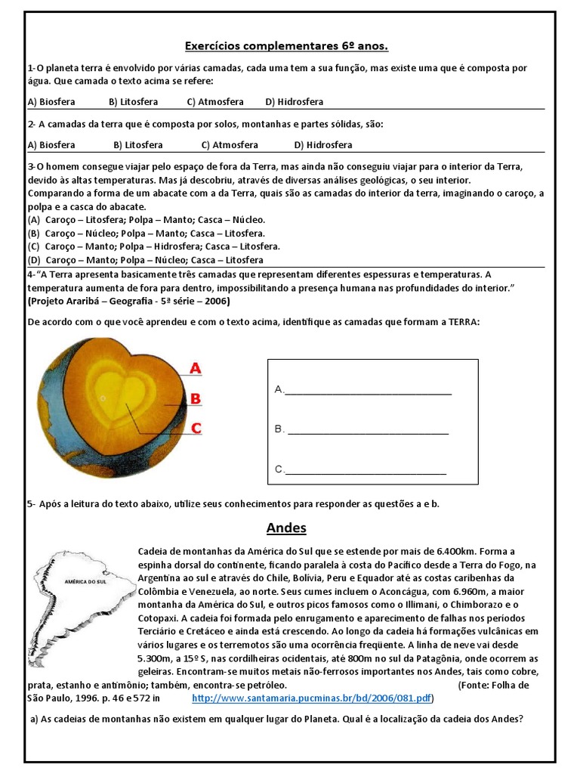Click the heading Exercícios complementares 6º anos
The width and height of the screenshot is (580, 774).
286,47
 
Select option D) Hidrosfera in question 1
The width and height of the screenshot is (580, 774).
294,102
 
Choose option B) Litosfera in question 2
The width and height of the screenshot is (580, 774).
138,145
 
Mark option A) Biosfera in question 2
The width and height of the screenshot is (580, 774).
51,145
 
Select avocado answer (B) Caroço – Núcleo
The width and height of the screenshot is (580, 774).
147,233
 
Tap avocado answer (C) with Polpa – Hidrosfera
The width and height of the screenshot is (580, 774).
154,246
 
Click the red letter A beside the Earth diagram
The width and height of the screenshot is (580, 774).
195,369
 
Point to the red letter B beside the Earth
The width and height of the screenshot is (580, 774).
195,398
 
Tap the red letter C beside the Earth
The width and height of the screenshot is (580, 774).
196,428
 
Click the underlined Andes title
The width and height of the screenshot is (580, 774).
286,528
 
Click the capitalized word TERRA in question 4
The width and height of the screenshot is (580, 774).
464,322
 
